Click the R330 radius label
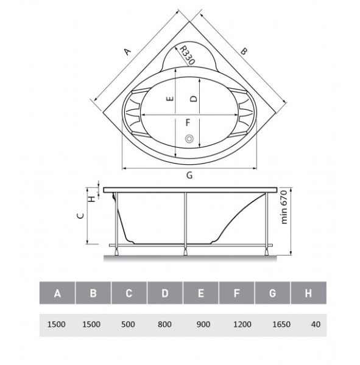click(x=187, y=55)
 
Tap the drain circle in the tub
click(x=189, y=139)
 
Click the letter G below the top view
click(x=189, y=175)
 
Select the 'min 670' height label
click(x=284, y=207)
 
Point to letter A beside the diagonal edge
click(x=127, y=52)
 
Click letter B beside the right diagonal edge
click(x=243, y=51)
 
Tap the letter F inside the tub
click(x=188, y=122)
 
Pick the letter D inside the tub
click(x=193, y=99)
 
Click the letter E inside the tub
click(x=170, y=99)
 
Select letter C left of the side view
click(x=80, y=216)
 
